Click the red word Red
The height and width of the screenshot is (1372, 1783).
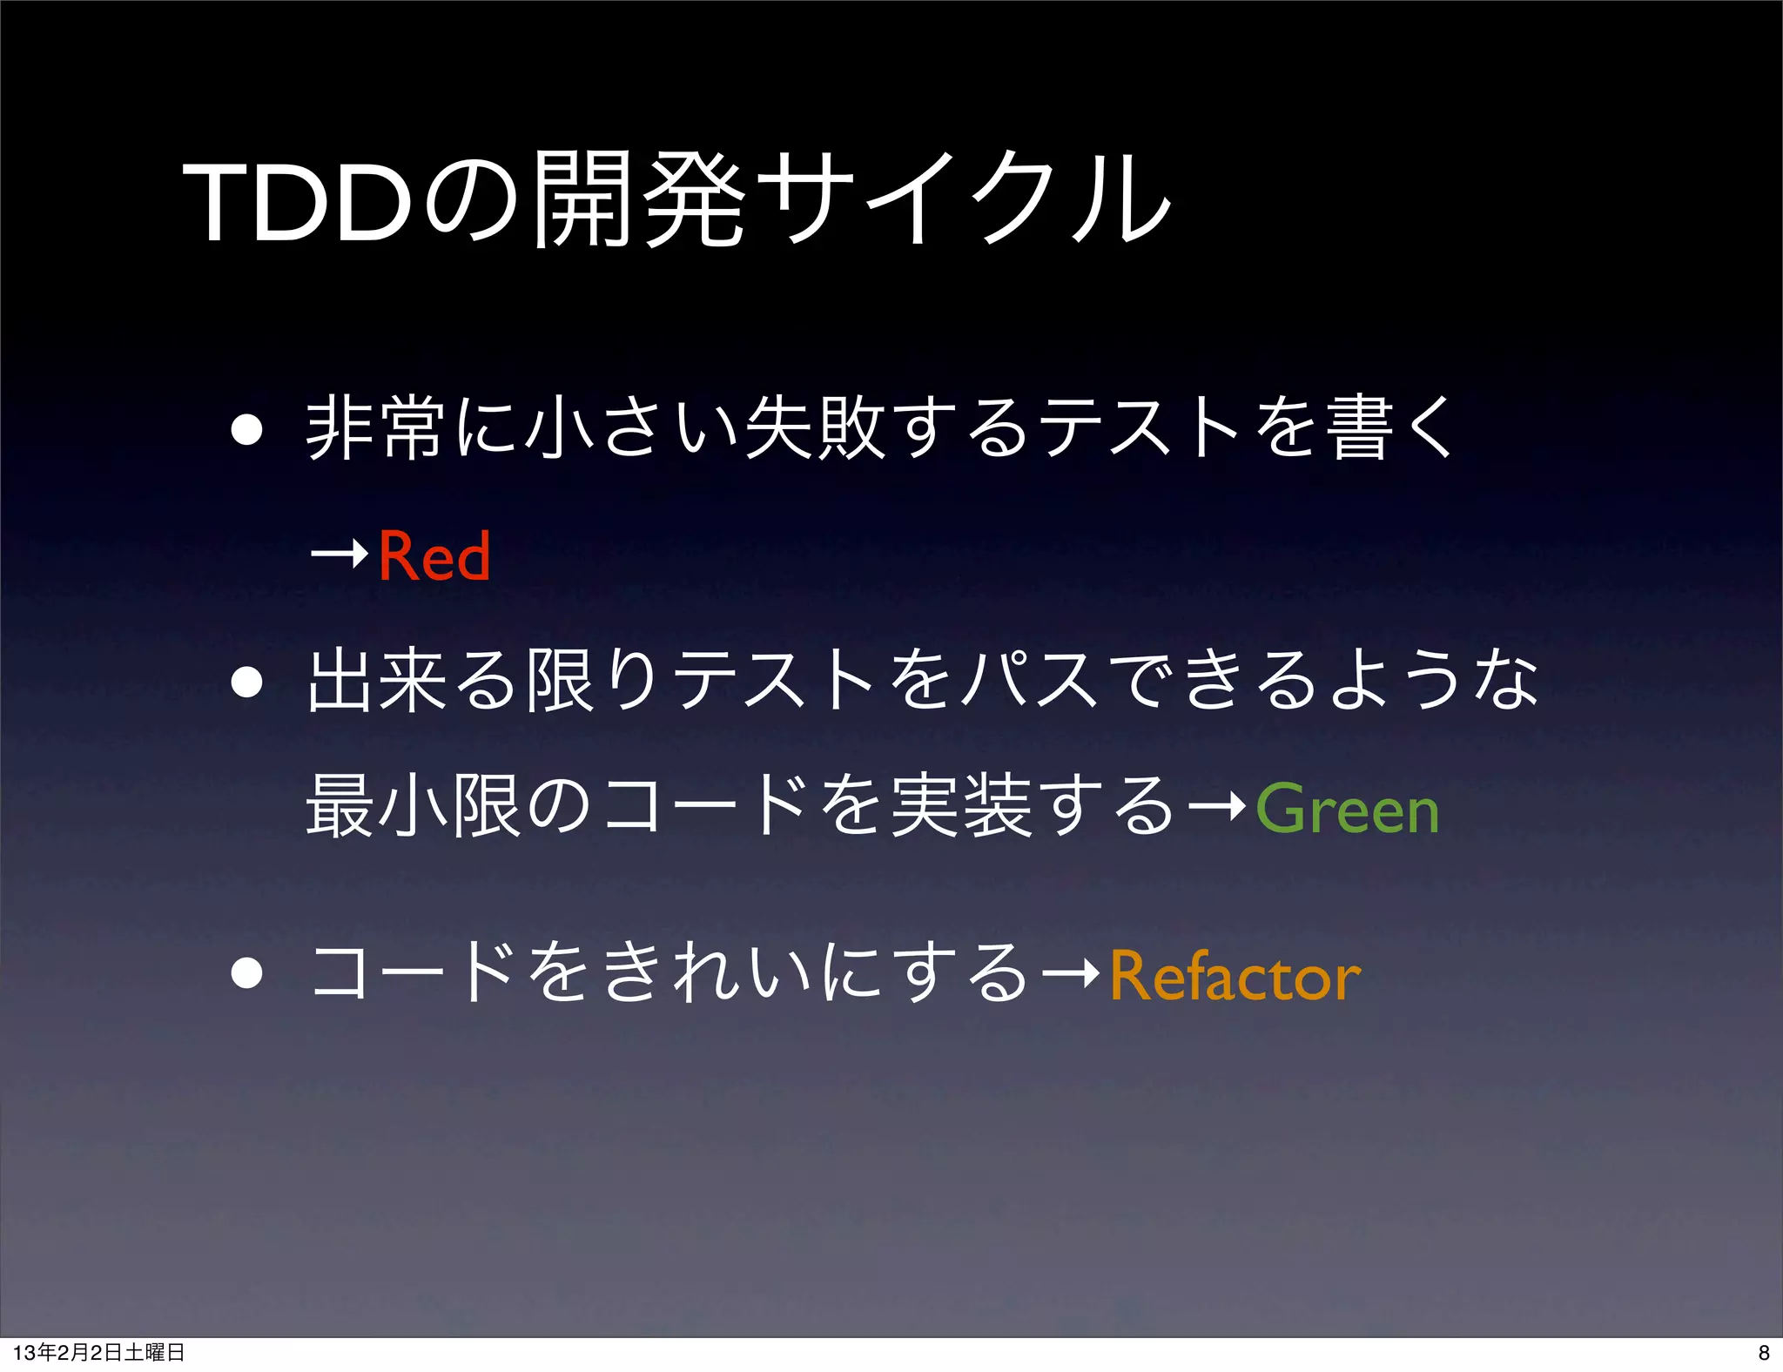(x=434, y=555)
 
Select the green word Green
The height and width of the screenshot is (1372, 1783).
(x=1347, y=810)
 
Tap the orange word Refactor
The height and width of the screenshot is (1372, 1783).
(x=1235, y=977)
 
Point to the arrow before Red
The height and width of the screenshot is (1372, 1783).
(x=340, y=554)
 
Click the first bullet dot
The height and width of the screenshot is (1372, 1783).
(x=247, y=429)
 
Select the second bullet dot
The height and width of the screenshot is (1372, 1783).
(x=247, y=683)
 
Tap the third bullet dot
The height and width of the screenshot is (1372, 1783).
(x=247, y=973)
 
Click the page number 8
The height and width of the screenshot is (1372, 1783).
(x=1763, y=1352)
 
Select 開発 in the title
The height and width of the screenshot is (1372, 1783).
(x=639, y=200)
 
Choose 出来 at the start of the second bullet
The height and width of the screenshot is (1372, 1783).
(x=378, y=681)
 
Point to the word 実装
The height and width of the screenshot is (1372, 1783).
(x=962, y=808)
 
